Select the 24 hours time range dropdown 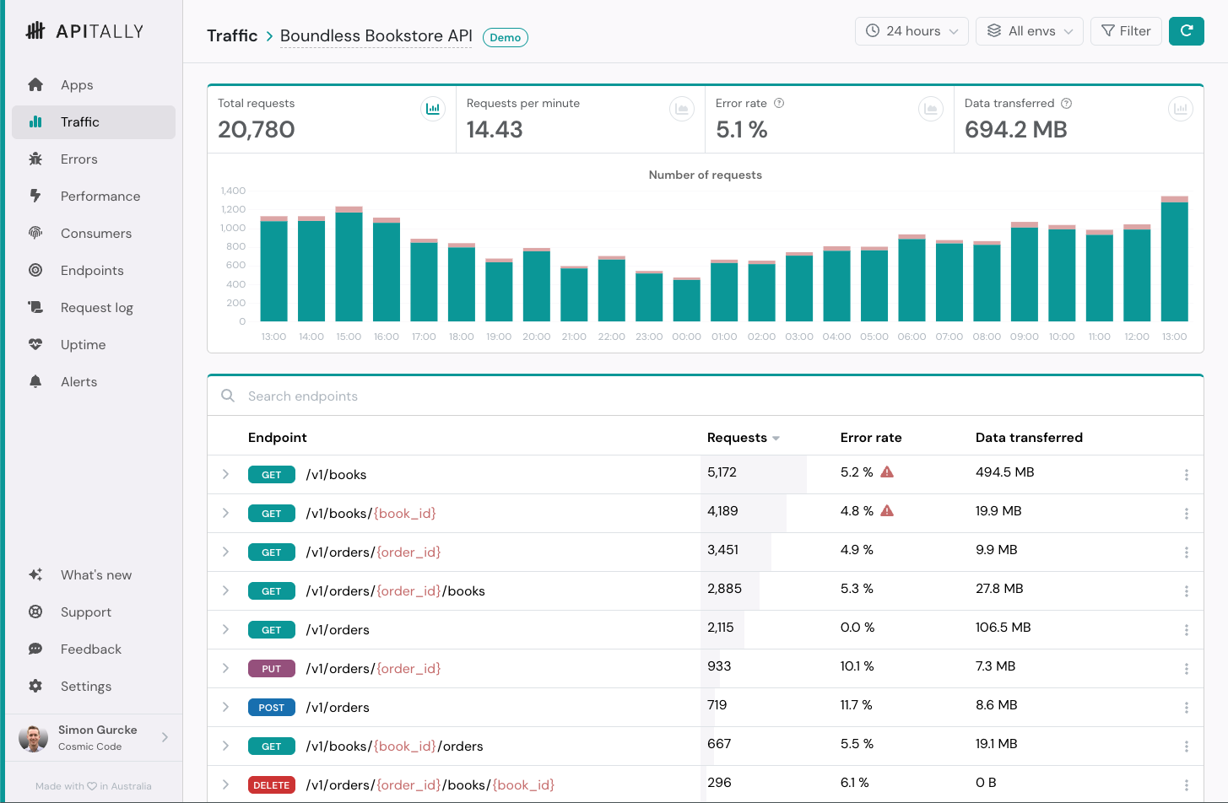point(912,31)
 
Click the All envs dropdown point(1029,31)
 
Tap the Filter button point(1126,31)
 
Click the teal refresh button point(1187,31)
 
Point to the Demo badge point(505,37)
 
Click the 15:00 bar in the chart point(349,264)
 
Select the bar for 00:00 point(686,299)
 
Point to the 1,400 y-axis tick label point(233,191)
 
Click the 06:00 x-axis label point(912,337)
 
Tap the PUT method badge point(272,668)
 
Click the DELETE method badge point(272,785)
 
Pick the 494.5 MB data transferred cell point(1004,472)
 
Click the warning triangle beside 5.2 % point(887,472)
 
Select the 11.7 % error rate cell point(856,705)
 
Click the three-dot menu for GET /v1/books point(1187,474)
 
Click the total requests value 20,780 point(256,130)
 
